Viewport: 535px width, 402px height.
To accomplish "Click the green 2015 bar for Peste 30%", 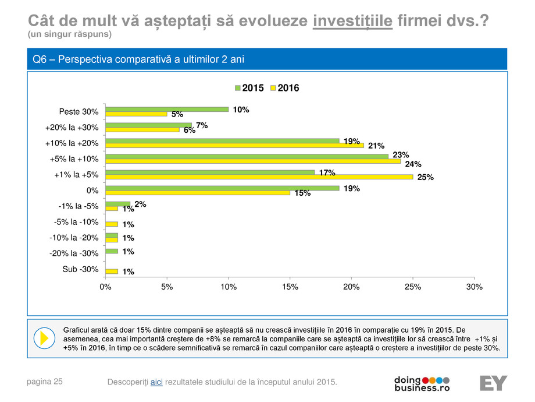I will (x=166, y=108).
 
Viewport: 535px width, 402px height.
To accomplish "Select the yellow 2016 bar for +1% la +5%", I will (x=259, y=177).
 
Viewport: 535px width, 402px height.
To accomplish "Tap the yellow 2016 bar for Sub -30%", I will (x=111, y=271).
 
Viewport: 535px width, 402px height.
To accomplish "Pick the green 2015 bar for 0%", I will (x=222, y=188).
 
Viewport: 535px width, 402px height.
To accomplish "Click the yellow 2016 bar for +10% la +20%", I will (x=234, y=145).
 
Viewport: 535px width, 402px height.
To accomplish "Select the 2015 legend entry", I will (x=248, y=88).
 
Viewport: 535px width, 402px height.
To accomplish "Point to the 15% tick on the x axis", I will (x=290, y=287).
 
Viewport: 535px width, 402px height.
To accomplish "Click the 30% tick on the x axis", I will (x=474, y=287).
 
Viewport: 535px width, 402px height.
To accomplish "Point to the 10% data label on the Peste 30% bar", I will (x=241, y=109).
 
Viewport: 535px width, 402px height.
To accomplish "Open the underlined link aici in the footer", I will (x=156, y=382).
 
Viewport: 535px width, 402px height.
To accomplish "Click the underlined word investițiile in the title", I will (x=353, y=22).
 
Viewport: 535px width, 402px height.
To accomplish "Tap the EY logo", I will (x=493, y=383).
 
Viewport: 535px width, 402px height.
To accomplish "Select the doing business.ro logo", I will (x=422, y=383).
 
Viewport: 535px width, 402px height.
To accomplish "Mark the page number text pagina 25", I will (x=45, y=382).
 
